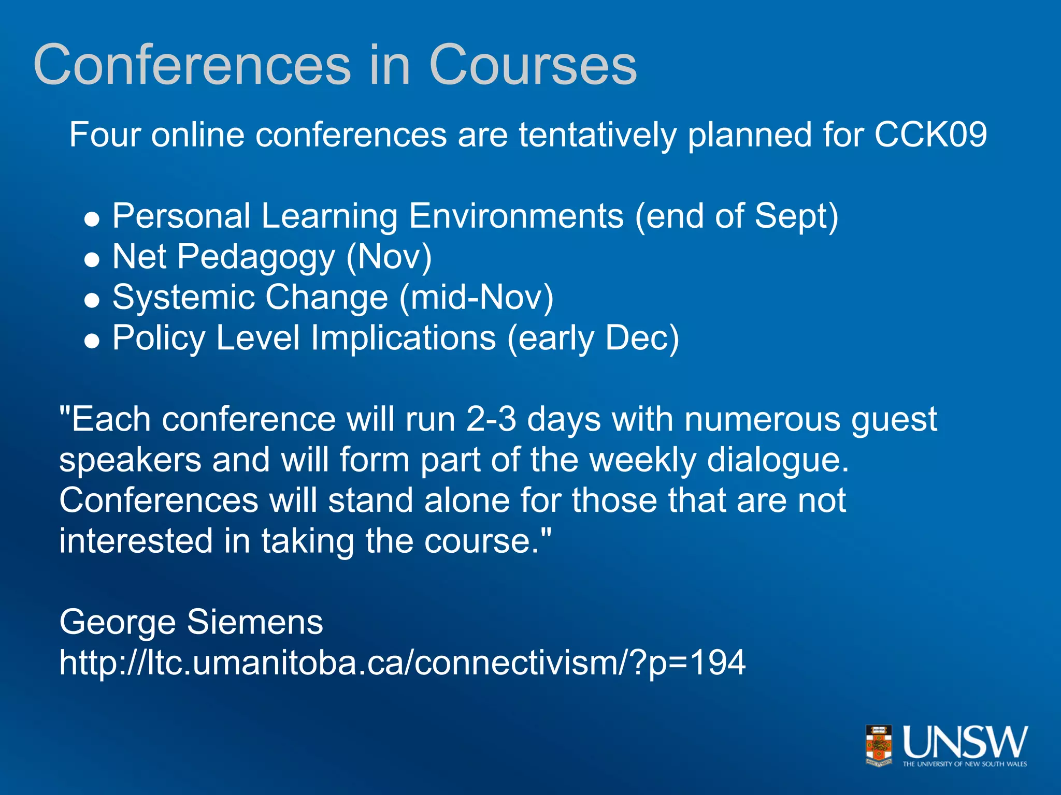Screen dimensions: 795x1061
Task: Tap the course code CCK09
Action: (x=930, y=135)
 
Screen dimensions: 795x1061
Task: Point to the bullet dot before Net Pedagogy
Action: (x=92, y=260)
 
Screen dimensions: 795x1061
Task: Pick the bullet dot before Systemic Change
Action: (x=92, y=301)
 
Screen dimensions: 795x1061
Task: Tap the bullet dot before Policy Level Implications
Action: (x=92, y=341)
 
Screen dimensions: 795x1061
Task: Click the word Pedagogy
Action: (x=256, y=257)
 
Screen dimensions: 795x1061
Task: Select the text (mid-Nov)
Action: (x=476, y=298)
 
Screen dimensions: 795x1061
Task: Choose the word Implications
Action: (x=403, y=338)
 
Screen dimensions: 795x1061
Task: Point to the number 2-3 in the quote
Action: (x=491, y=419)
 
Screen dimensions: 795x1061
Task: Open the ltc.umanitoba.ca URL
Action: (x=402, y=662)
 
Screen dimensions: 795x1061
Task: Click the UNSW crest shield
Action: (x=879, y=745)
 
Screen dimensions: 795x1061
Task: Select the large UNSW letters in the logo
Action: (x=965, y=742)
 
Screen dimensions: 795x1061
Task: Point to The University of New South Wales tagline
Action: (x=965, y=764)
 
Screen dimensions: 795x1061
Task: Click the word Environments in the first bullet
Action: (x=516, y=216)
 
